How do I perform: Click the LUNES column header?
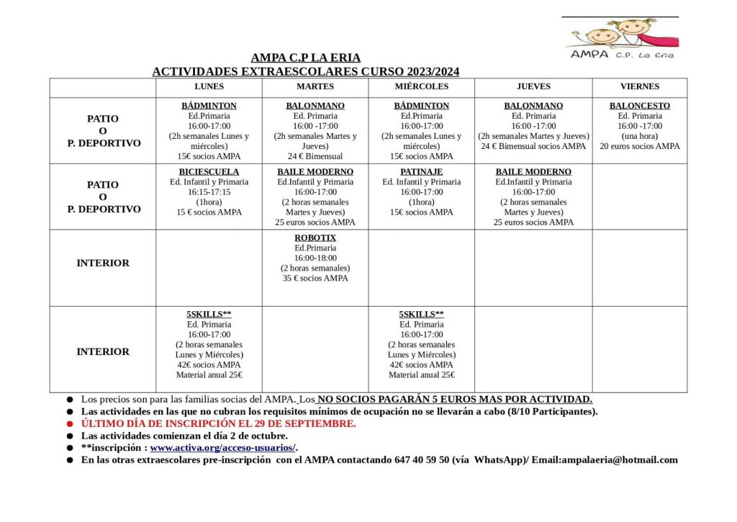209,86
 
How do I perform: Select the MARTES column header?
315,86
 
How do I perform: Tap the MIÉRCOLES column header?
421,86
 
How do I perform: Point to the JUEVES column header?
533,86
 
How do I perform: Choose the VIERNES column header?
639,86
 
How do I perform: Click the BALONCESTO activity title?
639,106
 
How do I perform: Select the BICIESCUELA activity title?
209,172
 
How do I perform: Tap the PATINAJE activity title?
421,172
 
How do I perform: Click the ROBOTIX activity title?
315,238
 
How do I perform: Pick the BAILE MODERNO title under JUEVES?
533,172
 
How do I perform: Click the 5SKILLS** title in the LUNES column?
209,315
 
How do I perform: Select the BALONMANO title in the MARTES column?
315,106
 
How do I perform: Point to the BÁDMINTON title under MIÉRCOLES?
421,106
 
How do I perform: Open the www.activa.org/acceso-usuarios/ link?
223,448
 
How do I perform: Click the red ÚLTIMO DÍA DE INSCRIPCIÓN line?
218,423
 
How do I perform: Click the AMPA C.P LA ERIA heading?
306,58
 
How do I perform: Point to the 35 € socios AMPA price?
315,278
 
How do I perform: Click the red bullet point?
70,423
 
